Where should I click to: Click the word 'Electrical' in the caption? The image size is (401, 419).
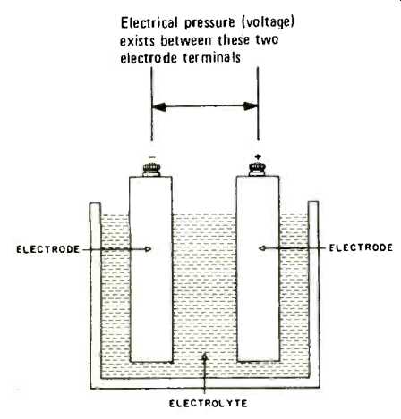click(149, 23)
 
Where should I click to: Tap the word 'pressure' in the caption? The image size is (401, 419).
click(209, 24)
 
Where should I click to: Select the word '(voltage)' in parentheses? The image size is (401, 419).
click(268, 23)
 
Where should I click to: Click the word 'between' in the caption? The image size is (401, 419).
click(186, 40)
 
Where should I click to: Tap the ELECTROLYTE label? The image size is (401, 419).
click(208, 404)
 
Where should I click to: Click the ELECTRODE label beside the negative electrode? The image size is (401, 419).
click(48, 249)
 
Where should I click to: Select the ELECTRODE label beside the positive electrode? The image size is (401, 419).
click(361, 247)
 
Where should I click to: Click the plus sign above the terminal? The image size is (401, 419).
click(258, 156)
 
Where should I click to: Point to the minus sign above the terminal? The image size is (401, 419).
click(152, 157)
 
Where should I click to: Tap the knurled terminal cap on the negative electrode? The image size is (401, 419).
click(151, 170)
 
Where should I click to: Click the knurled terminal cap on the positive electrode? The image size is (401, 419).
click(258, 170)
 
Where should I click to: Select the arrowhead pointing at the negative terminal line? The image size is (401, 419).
click(158, 106)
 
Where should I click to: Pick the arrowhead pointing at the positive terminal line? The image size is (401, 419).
click(251, 106)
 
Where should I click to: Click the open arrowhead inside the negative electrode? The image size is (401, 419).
click(148, 249)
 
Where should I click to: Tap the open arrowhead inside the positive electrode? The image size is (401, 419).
click(262, 248)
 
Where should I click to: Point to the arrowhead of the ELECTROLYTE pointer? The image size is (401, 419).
click(204, 356)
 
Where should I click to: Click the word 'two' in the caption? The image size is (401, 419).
click(267, 40)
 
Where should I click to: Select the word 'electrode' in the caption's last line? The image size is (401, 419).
click(149, 58)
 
